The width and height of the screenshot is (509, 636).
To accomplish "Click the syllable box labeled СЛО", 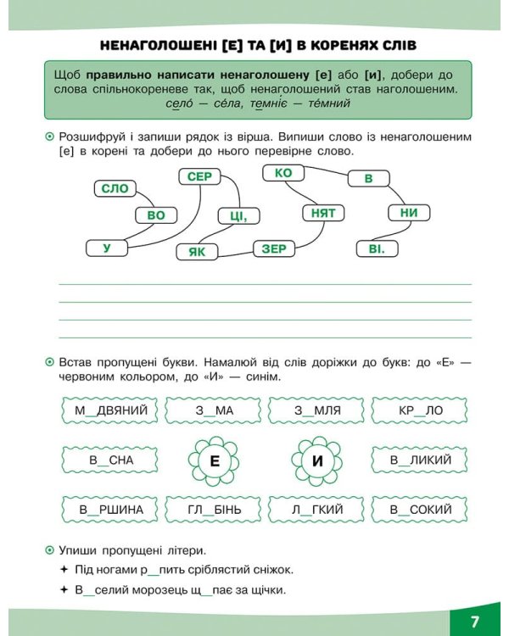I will point(114,189).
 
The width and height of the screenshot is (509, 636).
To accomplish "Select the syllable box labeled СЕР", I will point(199,176).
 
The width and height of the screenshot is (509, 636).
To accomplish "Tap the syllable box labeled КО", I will point(283,173).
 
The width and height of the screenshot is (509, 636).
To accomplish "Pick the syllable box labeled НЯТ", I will point(323,213).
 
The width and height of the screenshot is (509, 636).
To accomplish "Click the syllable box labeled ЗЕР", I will point(274,248).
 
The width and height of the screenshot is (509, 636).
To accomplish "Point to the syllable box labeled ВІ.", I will point(377,249).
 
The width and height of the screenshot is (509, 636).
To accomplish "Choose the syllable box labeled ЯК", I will point(197,252).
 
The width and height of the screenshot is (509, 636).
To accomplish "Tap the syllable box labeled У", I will point(107,248).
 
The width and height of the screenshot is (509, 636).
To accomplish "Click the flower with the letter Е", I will point(215,461).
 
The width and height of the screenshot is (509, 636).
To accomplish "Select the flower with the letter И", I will point(318,461).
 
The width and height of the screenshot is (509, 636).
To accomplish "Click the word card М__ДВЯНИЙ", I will point(111,411).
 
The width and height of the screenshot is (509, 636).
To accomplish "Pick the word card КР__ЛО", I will point(421,411).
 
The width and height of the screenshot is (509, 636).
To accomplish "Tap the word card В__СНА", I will point(111,460).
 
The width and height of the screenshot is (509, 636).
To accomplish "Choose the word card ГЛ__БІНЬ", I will point(215,510).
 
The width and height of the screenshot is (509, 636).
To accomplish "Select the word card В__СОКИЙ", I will point(421,510).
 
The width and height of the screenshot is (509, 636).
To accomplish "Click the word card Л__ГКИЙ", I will point(318,510).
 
